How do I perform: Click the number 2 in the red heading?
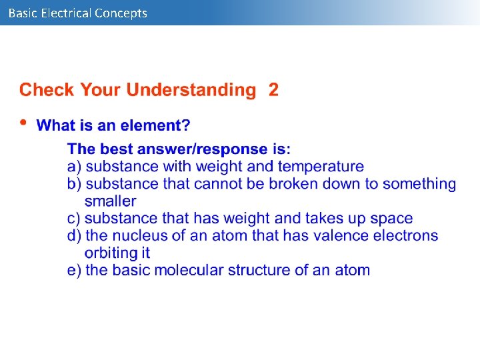[273, 90]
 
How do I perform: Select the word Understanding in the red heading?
[191, 90]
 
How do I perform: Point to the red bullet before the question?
[24, 123]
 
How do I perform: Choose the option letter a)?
[75, 166]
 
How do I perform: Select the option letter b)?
[75, 183]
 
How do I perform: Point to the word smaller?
[110, 201]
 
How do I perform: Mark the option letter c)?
[75, 218]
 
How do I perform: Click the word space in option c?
[391, 218]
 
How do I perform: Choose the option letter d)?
[75, 235]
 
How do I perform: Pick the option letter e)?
[75, 270]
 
